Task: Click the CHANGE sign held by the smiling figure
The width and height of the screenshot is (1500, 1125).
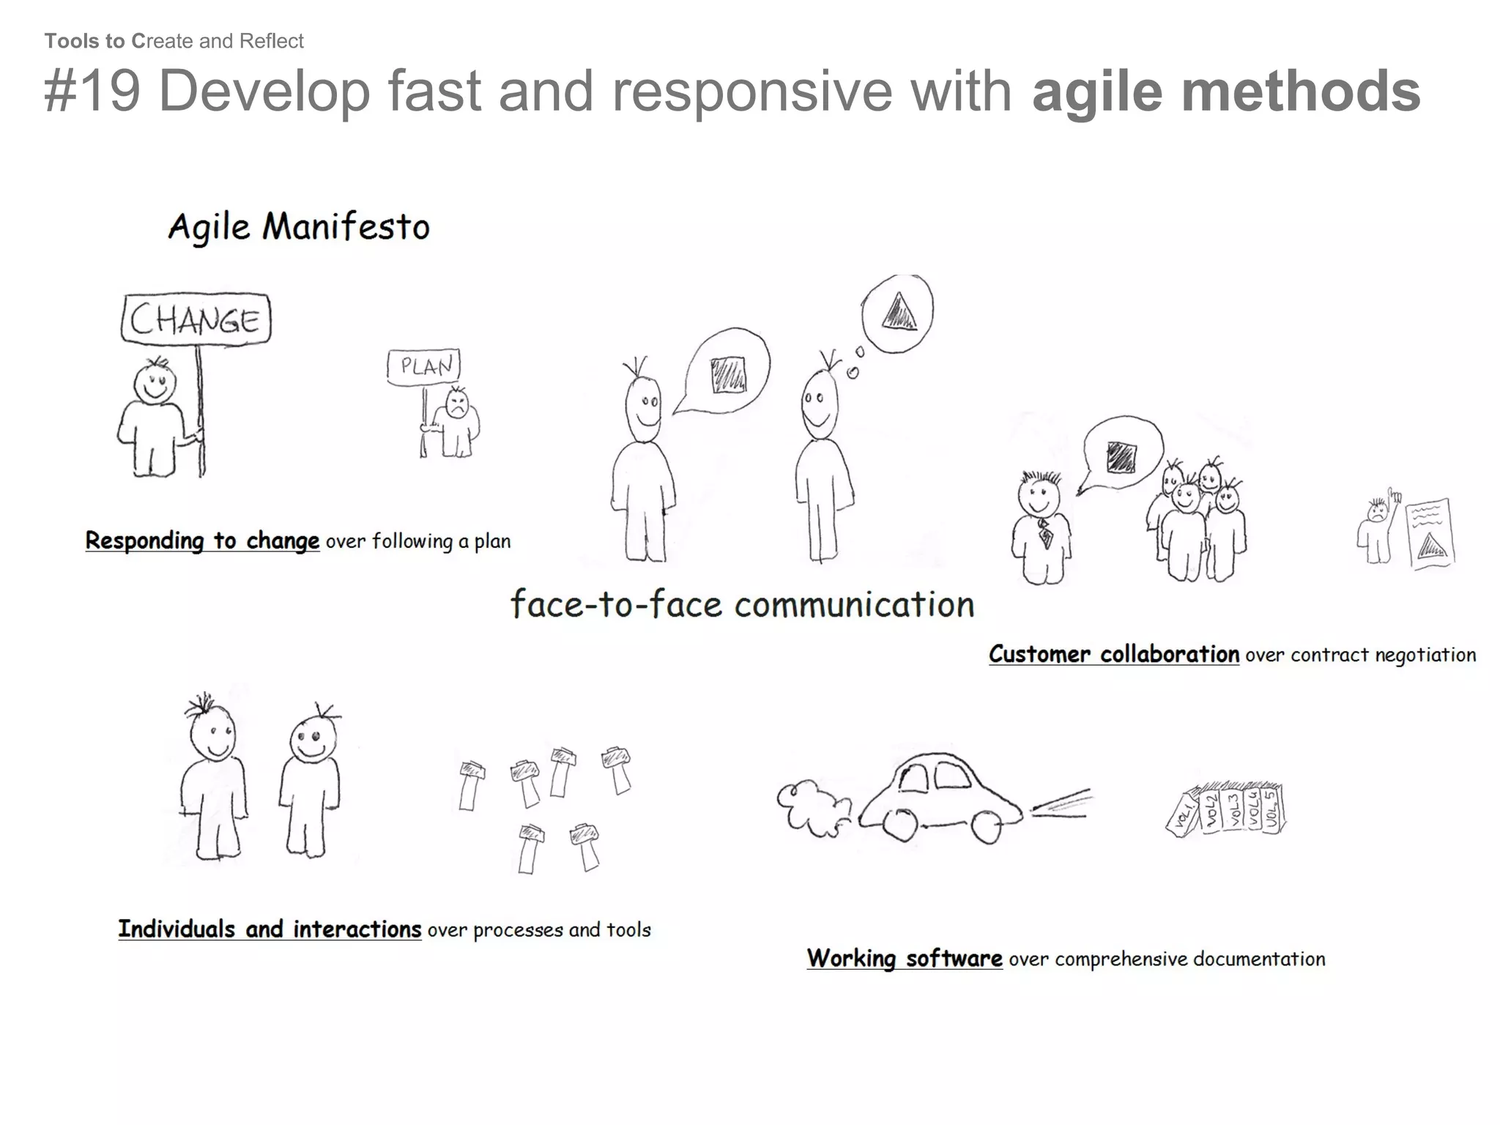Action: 196,319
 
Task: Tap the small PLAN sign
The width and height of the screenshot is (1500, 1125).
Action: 424,365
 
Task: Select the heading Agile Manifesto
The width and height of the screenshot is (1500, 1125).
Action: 299,226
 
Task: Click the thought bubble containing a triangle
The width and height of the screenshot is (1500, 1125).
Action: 898,313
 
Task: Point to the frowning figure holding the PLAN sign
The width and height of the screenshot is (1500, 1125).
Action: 456,424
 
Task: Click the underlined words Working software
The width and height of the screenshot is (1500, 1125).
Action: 905,958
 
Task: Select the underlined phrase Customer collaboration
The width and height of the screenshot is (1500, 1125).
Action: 1113,654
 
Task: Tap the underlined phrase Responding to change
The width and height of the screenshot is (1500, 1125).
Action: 202,541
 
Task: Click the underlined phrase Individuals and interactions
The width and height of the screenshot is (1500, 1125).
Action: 270,929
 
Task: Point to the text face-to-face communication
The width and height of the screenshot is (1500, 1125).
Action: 742,605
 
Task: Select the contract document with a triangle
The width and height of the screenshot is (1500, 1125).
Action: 1430,534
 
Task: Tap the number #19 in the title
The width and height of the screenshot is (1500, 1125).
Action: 92,91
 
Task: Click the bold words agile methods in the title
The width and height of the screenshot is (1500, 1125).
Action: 1225,91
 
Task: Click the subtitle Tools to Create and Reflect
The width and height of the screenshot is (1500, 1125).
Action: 174,41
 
